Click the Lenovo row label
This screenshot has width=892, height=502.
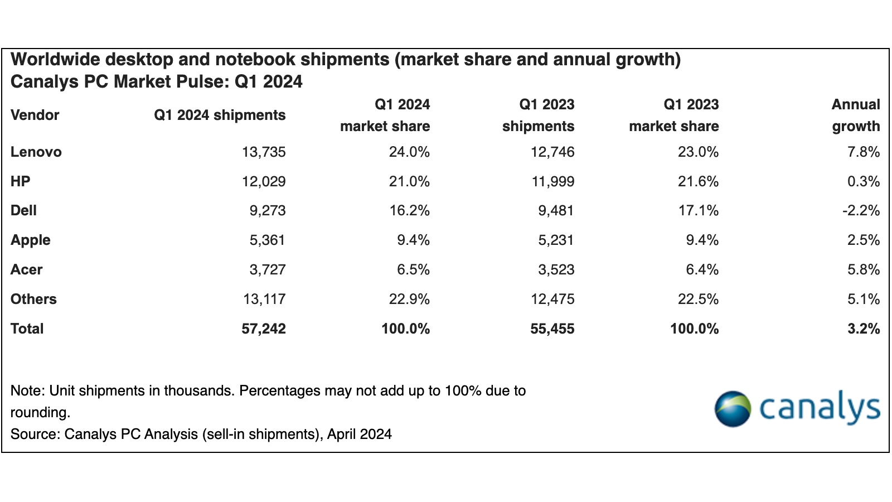(36, 152)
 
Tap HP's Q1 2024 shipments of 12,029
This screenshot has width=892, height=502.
(264, 181)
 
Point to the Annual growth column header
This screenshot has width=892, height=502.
(856, 115)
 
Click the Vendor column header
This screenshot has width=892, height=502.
(35, 115)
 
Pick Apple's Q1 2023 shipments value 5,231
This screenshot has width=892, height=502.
(552, 240)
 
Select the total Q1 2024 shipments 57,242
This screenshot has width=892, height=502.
(264, 329)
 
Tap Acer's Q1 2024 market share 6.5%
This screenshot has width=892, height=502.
(413, 270)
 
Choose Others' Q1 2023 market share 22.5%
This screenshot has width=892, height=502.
(698, 300)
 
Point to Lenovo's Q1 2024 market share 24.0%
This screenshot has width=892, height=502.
(409, 152)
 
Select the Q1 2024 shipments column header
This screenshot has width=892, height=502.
(220, 115)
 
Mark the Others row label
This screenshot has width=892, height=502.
(33, 300)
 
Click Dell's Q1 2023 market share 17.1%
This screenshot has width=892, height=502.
(698, 211)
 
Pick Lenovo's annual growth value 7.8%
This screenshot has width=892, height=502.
(864, 152)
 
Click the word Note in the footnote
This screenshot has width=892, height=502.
(27, 390)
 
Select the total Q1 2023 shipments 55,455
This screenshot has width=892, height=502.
(552, 329)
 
